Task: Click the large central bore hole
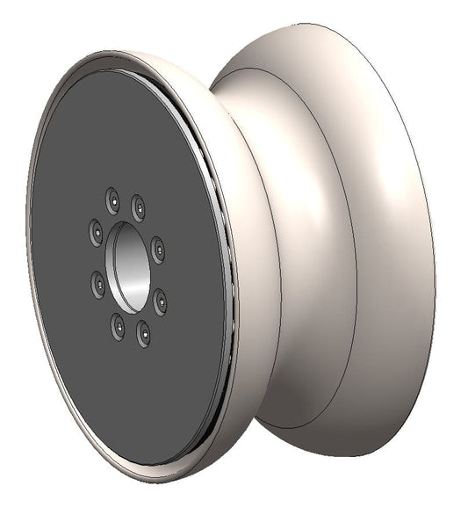point(128,266)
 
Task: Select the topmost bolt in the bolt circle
point(112,200)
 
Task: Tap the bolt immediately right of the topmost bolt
point(139,207)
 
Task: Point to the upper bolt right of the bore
point(157,249)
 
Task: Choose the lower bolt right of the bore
point(161,301)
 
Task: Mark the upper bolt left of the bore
point(96,232)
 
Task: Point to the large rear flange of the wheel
point(395,264)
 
